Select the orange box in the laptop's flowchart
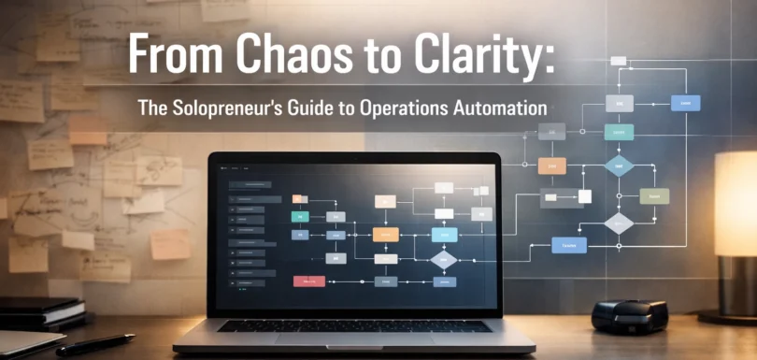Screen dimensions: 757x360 pyautogui.click(x=385, y=235)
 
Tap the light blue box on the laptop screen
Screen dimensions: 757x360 pyautogui.click(x=444, y=235)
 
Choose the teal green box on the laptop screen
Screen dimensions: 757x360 pyautogui.click(x=300, y=216)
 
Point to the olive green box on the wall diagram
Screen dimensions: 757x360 pyautogui.click(x=654, y=195)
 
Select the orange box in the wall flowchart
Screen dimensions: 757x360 pyautogui.click(x=551, y=166)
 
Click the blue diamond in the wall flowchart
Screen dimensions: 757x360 pyautogui.click(x=619, y=166)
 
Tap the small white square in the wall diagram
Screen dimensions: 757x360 pyautogui.click(x=585, y=195)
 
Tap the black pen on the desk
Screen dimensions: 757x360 pyautogui.click(x=93, y=344)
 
